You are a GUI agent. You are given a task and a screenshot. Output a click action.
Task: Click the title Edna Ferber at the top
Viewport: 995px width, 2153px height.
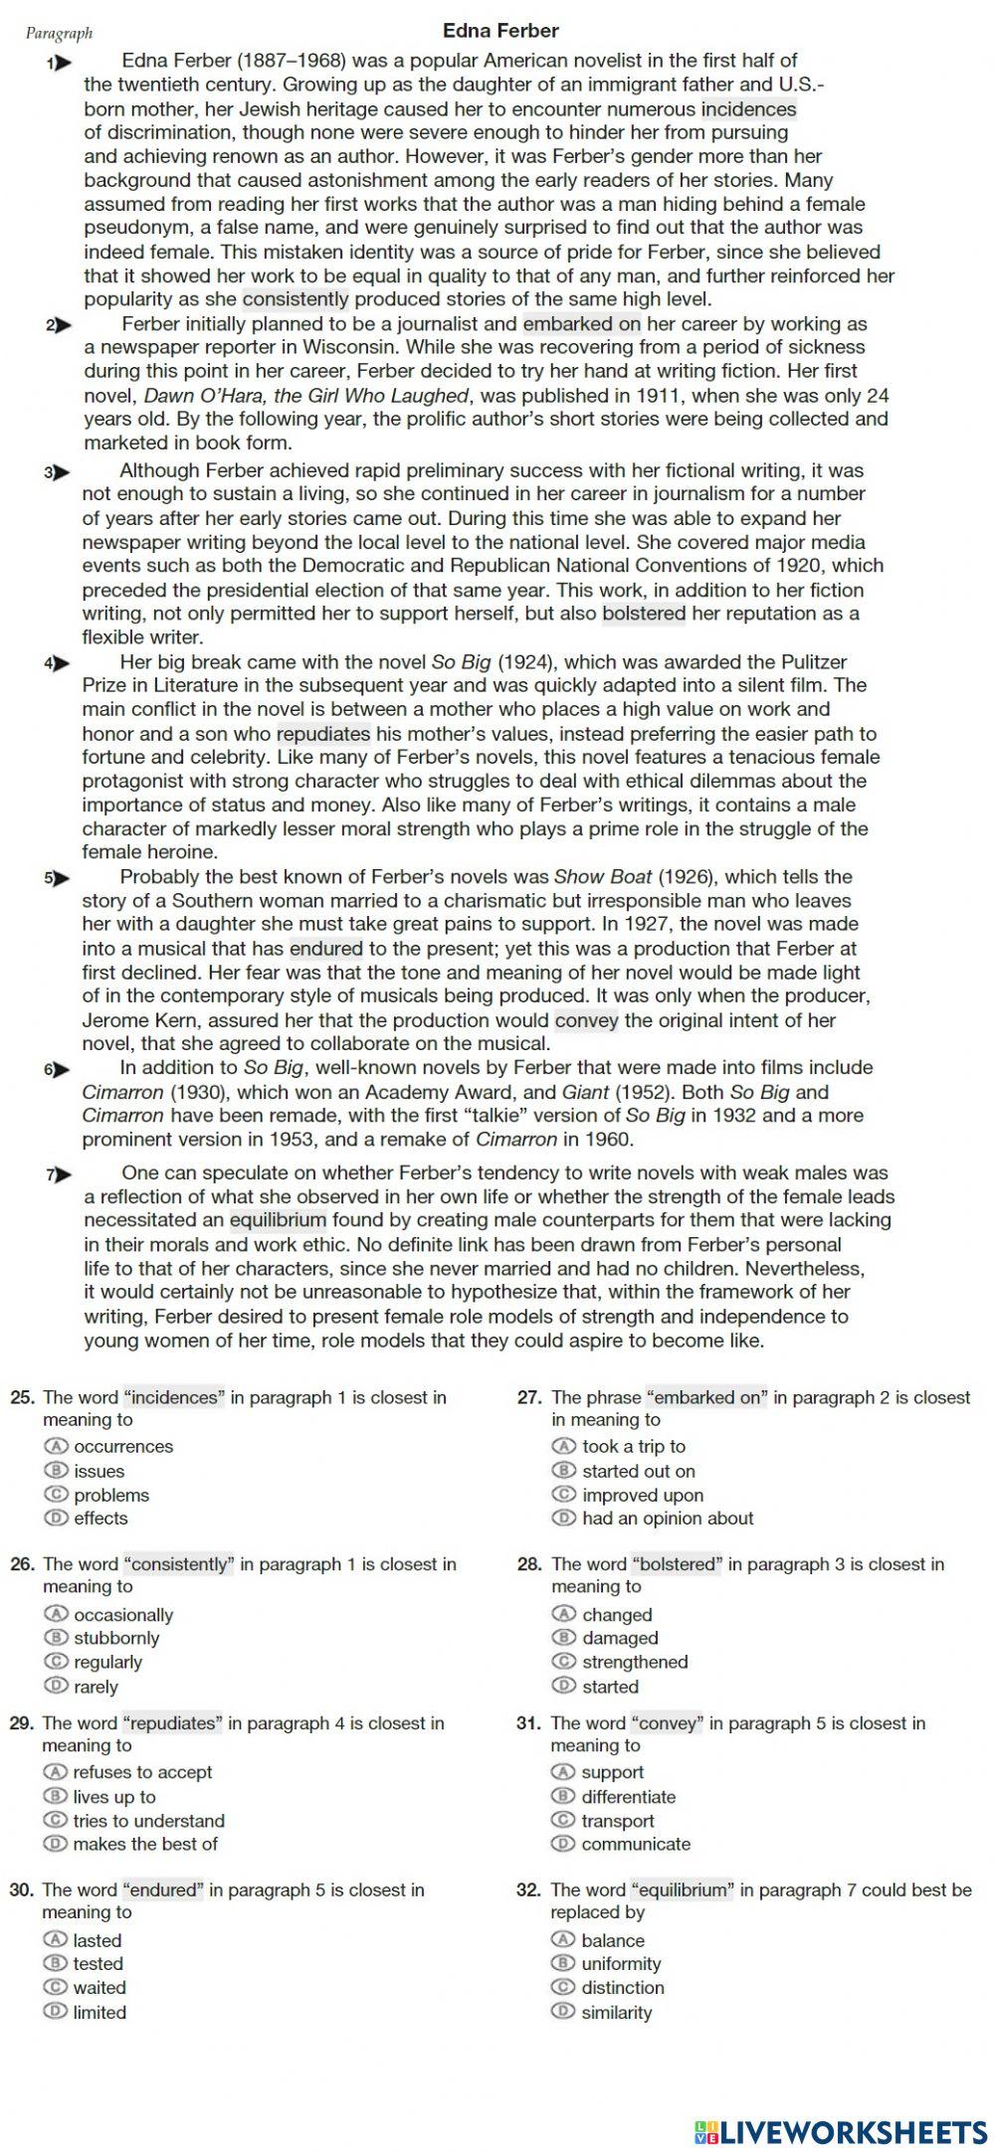pos(500,31)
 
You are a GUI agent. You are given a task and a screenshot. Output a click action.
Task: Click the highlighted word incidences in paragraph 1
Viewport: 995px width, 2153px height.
pos(748,109)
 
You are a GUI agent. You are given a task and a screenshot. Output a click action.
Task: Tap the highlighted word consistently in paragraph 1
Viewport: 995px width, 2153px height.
pos(296,299)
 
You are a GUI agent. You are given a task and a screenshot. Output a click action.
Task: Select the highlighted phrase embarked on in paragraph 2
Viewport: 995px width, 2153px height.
pos(582,324)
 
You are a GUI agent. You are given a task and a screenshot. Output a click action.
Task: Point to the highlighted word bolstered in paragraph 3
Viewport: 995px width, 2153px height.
pos(644,614)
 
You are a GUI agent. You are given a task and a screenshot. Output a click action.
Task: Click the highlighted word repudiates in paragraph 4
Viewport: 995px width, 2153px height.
pos(323,734)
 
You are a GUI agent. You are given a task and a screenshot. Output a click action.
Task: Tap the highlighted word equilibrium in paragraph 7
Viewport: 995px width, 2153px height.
pos(278,1220)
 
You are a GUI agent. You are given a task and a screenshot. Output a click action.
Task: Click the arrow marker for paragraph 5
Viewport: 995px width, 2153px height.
pos(59,878)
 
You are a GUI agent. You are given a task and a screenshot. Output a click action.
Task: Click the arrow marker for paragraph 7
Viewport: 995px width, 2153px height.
pos(60,1174)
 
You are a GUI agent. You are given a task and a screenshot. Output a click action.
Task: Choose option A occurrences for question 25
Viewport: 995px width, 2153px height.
pos(55,1446)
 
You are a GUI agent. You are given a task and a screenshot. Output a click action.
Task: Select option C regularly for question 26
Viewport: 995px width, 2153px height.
pos(55,1662)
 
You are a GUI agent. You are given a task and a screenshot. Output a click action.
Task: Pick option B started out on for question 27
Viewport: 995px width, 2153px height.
pos(564,1471)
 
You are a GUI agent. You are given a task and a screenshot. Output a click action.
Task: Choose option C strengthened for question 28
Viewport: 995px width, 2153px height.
pos(564,1662)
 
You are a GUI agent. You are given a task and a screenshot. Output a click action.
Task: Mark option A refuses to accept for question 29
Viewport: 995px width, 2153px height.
pos(55,1772)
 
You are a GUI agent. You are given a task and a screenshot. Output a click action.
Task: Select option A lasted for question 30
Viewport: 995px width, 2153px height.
pos(55,1940)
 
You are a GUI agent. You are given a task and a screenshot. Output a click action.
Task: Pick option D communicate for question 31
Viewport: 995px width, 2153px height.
pos(563,1844)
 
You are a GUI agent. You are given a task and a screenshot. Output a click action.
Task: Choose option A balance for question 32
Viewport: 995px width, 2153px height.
pos(563,1940)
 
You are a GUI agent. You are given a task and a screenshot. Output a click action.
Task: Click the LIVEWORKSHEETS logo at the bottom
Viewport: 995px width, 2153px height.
pos(841,2131)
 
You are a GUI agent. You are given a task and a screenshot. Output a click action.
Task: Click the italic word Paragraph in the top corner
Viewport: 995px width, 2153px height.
pos(59,34)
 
